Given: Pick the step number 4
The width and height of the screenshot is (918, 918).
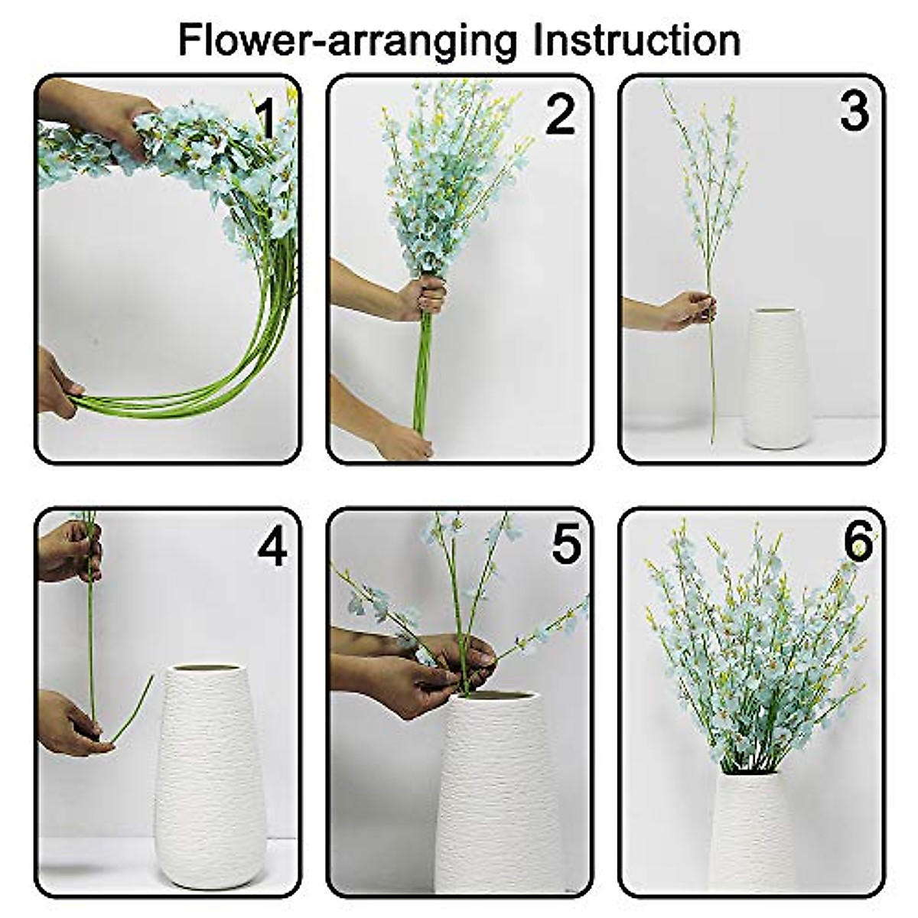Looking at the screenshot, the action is coord(273,548).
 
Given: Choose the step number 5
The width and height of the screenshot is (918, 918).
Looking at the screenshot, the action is coord(566,544).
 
